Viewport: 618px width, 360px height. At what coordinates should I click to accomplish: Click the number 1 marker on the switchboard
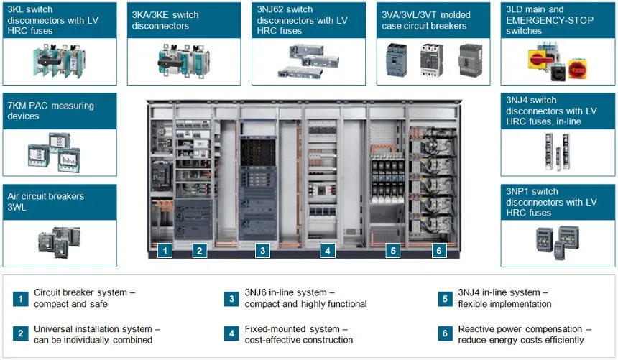[165, 251]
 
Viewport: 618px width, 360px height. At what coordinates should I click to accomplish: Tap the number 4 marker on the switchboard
[328, 251]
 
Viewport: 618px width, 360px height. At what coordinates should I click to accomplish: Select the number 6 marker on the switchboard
[439, 251]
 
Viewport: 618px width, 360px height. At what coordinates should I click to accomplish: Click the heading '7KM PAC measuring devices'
[50, 111]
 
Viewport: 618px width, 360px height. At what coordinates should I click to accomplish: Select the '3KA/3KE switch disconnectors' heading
[165, 20]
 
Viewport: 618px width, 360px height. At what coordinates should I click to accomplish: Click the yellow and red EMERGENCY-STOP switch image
[558, 63]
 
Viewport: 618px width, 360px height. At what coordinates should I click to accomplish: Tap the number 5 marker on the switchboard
[392, 251]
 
